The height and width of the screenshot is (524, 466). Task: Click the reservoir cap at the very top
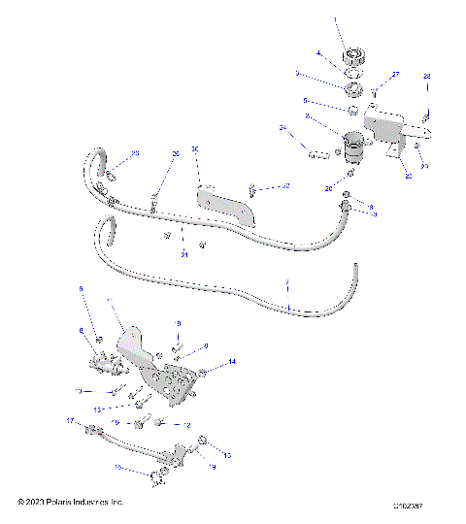[x=352, y=54]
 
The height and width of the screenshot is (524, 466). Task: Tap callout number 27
[x=395, y=75]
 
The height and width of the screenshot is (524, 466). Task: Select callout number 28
[x=426, y=76]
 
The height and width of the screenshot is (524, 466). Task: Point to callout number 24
[x=283, y=128]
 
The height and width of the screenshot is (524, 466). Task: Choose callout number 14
[x=232, y=362]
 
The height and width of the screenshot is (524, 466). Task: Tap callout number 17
[x=69, y=421]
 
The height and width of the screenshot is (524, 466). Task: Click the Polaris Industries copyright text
[x=71, y=502]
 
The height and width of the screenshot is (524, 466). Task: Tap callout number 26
[x=176, y=153]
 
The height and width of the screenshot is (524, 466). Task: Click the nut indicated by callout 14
[x=204, y=373]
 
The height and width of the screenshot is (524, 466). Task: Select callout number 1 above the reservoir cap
[x=336, y=18]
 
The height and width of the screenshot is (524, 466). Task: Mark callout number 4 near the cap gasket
[x=317, y=52]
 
